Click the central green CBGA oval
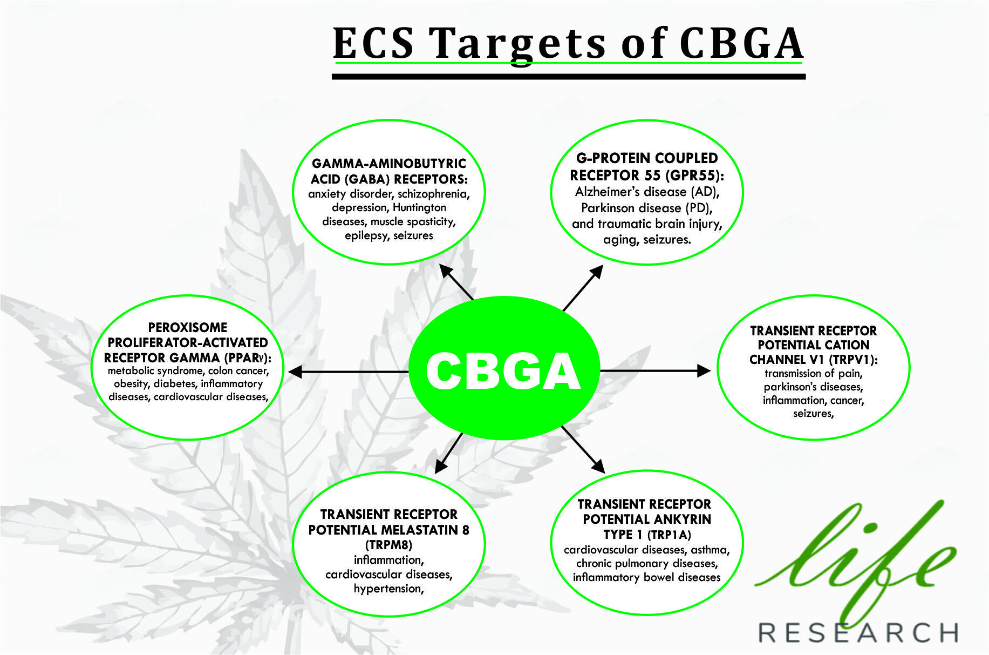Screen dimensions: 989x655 coord(504,368)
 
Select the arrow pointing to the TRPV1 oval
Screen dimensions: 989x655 coord(656,370)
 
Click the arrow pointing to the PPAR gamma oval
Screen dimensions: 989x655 coord(349,372)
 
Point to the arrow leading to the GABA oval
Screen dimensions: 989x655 coord(456,281)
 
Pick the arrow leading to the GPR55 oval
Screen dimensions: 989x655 coord(583,288)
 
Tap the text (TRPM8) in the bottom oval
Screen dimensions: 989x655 coord(388,544)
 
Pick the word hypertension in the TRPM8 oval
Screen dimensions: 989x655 coord(388,589)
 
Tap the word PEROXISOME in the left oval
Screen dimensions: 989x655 coord(188,327)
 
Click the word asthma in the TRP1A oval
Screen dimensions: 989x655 coord(710,550)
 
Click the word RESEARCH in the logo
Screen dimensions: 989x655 coord(858,632)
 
